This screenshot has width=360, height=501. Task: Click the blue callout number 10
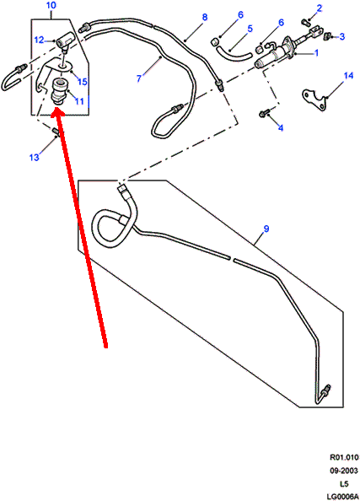click(51, 5)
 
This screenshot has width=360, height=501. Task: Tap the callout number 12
click(39, 40)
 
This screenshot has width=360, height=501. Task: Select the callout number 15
click(83, 82)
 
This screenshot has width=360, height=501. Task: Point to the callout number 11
click(79, 101)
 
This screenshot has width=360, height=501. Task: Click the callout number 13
click(35, 157)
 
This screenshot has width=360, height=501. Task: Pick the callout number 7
click(139, 78)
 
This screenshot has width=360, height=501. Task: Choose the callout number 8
click(205, 17)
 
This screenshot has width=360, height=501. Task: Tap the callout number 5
click(250, 29)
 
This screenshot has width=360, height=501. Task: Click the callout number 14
click(348, 75)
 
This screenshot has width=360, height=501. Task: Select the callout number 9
click(266, 229)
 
